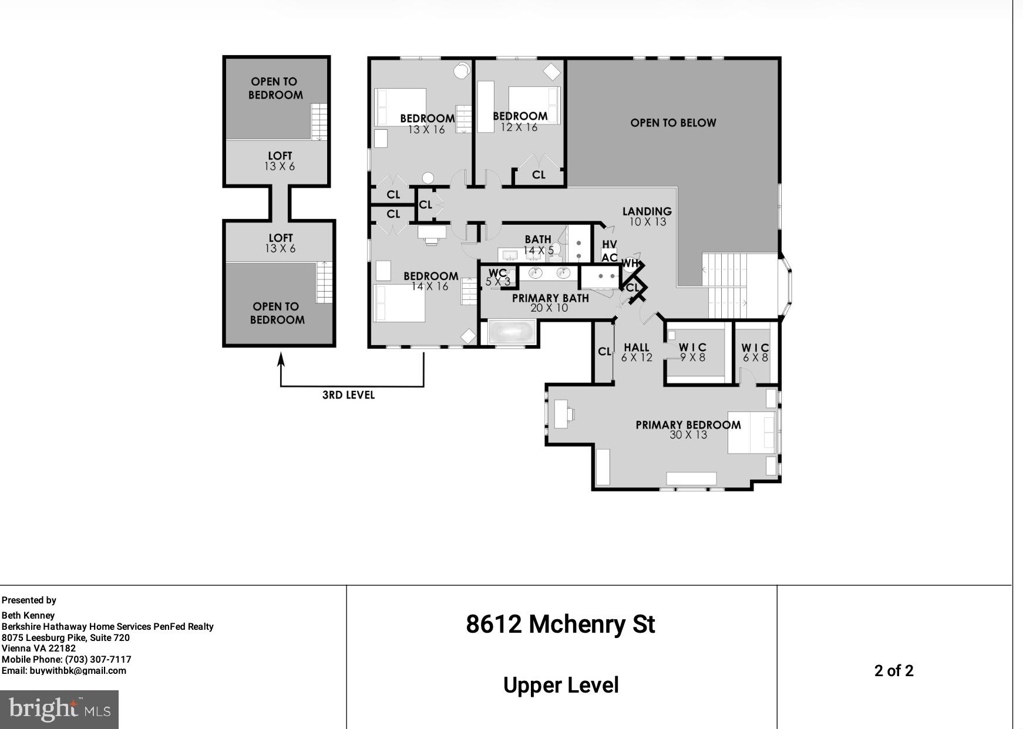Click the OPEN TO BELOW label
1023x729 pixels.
tap(673, 123)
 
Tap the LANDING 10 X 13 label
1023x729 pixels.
tap(647, 216)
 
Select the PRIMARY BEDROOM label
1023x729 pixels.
tap(688, 429)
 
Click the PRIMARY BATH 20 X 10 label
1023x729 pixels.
tap(550, 302)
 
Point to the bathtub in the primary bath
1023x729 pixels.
tap(511, 333)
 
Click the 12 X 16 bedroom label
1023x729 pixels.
tap(520, 122)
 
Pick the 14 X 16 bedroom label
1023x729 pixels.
tap(430, 281)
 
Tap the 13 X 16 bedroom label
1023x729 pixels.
tap(427, 124)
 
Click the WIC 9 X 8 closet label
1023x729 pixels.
tap(693, 352)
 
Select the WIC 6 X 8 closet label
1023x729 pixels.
tap(755, 352)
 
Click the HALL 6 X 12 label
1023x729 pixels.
tap(637, 352)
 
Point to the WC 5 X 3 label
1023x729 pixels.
tap(497, 277)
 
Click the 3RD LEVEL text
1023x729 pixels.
tap(348, 395)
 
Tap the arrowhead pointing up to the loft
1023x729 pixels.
tap(281, 357)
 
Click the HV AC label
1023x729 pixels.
tap(610, 251)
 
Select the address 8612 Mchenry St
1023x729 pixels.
tap(560, 624)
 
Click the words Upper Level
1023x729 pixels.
tap(561, 685)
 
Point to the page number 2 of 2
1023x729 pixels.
tap(894, 671)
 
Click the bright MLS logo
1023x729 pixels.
tap(59, 709)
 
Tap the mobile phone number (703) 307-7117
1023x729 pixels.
tap(98, 659)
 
